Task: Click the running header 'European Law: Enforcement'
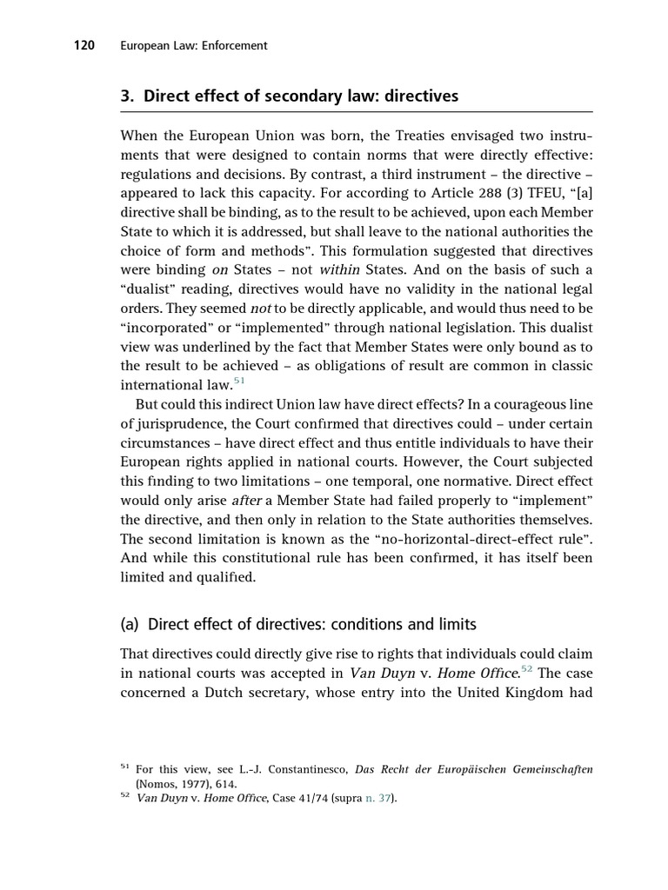(x=193, y=45)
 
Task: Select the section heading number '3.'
(x=128, y=96)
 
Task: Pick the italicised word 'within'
(x=341, y=269)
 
